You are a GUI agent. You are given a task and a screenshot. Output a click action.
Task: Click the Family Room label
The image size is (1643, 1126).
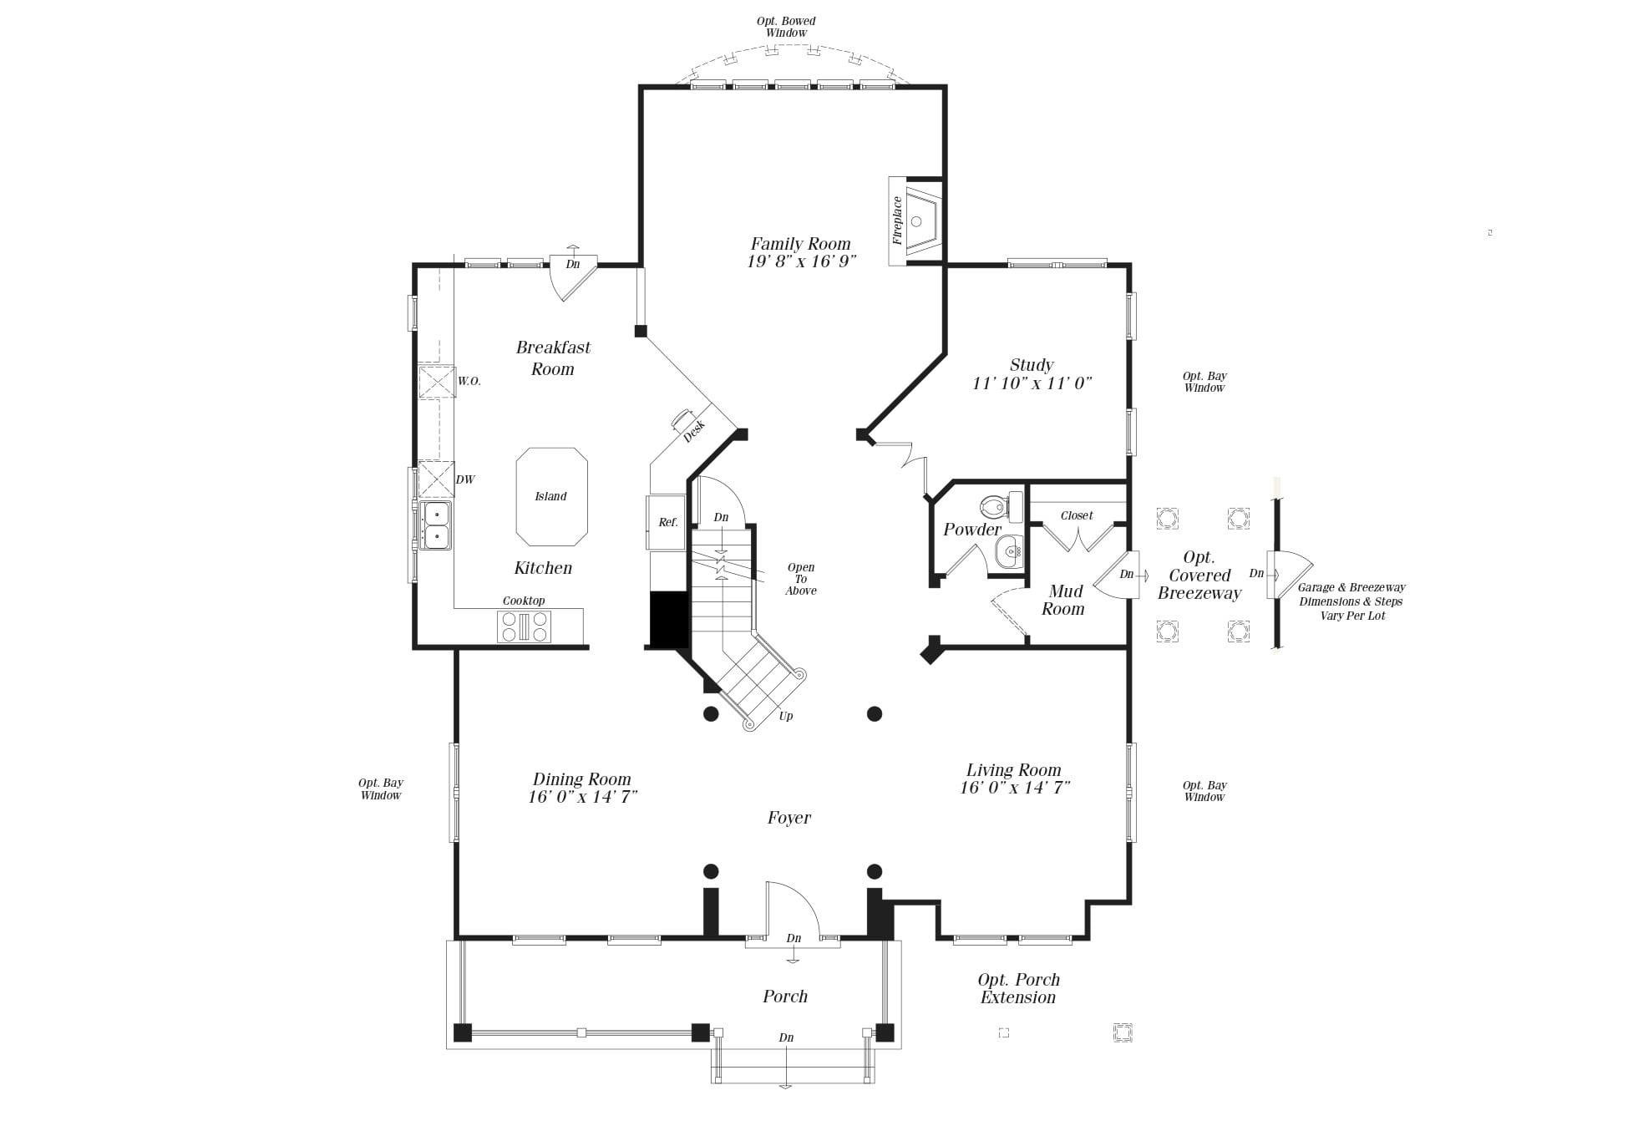point(800,244)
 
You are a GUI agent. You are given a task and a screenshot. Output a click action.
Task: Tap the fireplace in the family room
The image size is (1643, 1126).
point(916,221)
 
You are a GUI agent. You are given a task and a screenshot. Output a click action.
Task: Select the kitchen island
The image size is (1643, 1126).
point(551,496)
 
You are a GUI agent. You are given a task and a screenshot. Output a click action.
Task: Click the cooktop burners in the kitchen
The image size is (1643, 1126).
point(524,626)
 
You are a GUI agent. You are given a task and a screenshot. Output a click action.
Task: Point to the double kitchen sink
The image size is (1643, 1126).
point(436,525)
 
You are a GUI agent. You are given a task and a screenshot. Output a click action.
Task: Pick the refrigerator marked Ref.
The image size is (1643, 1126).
point(667,522)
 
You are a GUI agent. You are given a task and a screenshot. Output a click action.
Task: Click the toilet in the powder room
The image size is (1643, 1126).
point(997,505)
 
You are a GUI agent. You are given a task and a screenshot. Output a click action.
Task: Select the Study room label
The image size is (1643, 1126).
point(1032,365)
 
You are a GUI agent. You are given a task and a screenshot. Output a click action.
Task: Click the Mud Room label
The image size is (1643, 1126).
point(1064,601)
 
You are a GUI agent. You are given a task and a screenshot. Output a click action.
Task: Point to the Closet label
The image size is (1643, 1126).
point(1077,515)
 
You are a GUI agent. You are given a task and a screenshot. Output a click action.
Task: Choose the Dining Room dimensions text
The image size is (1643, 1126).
point(582,797)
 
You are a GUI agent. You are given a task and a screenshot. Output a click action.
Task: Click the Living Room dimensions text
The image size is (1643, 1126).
point(1015,787)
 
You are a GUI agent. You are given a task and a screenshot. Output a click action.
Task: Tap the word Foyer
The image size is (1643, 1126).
point(789,818)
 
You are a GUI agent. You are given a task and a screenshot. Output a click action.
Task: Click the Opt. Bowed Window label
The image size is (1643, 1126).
point(786,27)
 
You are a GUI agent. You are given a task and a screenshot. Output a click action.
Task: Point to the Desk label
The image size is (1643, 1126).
point(694,430)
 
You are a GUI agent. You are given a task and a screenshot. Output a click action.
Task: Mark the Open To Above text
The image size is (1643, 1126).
point(801,579)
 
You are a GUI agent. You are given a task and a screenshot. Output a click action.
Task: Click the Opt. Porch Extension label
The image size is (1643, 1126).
point(1018,988)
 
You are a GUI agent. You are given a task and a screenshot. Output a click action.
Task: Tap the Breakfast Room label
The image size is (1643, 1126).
point(553,358)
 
